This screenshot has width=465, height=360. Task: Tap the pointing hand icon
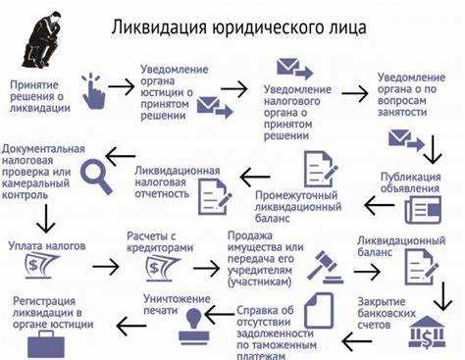[93, 90]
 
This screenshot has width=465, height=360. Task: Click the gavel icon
[323, 264]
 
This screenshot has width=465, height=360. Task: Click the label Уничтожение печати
[177, 302]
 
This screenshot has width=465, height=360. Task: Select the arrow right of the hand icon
[122, 86]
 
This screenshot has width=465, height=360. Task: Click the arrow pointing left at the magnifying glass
[121, 156]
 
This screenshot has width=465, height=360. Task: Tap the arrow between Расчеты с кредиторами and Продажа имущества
[207, 267]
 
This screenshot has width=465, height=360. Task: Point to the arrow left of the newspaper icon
[379, 205]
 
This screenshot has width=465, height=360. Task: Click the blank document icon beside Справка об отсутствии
[318, 313]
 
